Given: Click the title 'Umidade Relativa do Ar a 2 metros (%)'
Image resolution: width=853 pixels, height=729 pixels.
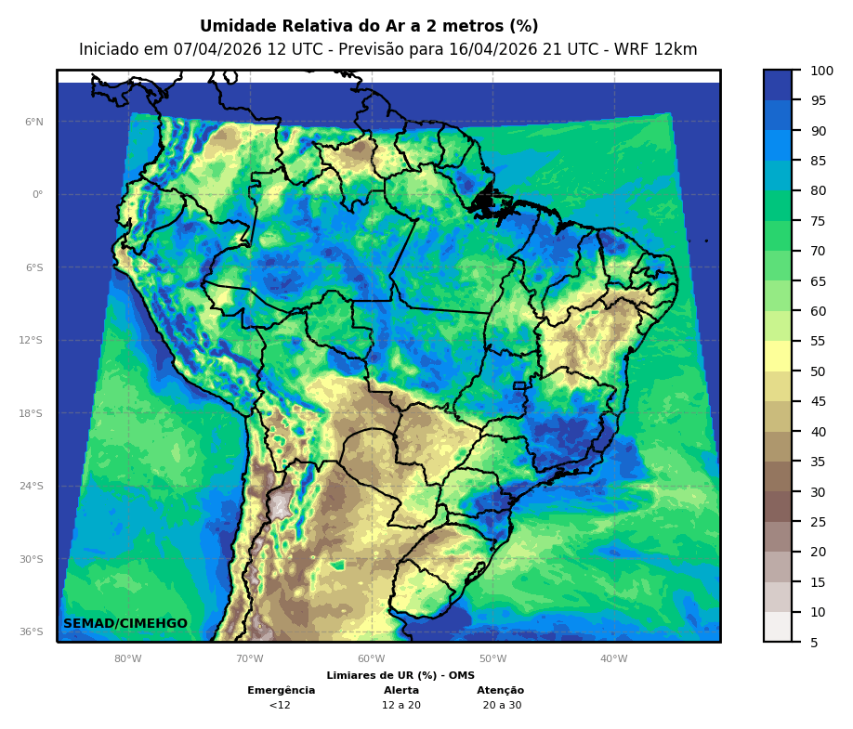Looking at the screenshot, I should pos(369,26).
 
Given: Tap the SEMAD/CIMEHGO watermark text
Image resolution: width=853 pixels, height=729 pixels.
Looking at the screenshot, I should pos(125,624).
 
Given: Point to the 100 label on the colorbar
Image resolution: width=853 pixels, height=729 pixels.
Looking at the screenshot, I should pos(821,71).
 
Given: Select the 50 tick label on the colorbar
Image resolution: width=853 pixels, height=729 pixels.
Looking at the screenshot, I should pos(818,371).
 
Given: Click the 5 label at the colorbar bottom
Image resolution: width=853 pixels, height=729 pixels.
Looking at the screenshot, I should pos(814,642).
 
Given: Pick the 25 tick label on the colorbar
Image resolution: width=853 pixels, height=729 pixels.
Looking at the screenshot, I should pos(818,522).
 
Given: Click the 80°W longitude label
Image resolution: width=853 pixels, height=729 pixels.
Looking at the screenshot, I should pos(128,659).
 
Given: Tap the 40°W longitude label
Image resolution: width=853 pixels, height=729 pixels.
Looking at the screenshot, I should pos(613,659).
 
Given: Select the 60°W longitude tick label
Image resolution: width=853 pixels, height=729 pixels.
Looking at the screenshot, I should pos(371,659).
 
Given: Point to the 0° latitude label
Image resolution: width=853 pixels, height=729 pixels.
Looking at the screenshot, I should pos(37,195).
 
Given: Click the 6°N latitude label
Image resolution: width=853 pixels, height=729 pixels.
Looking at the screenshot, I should pos(33,122).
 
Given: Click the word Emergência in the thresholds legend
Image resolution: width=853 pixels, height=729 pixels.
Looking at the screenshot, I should pos(282,691).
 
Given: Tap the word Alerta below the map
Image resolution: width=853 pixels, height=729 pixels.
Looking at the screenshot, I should pos(401,691).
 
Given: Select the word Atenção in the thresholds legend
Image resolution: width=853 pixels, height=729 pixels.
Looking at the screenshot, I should pos(501,691).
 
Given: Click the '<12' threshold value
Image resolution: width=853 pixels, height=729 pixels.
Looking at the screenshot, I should pos(280,706).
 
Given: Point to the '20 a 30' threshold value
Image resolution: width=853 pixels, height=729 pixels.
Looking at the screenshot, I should pos(502,706).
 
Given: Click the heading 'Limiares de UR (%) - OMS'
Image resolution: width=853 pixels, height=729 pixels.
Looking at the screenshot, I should pos(400,676).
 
